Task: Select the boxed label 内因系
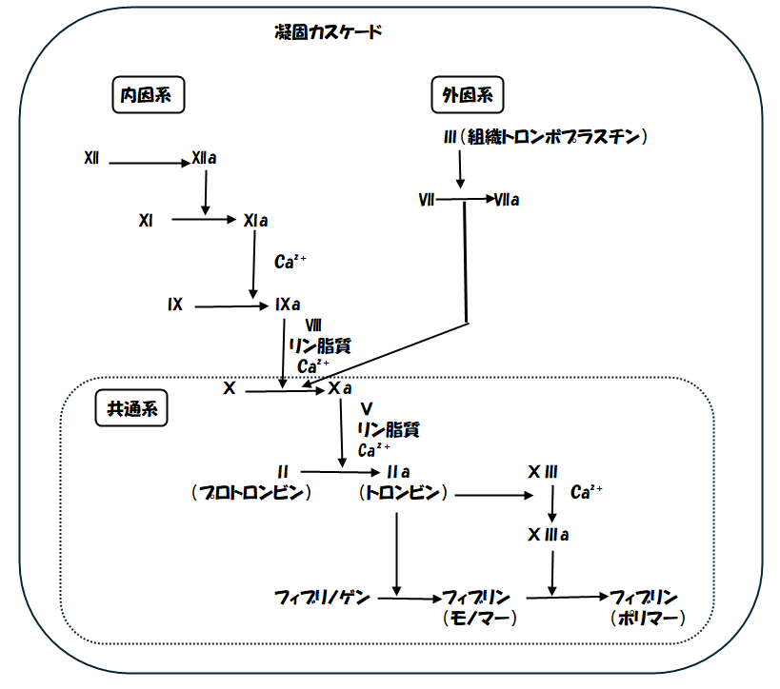[x=148, y=95]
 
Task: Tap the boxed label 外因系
[x=468, y=95]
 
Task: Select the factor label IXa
[x=287, y=305]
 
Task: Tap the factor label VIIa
[x=507, y=200]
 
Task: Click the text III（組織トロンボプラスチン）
[x=546, y=137]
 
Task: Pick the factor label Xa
[x=341, y=388]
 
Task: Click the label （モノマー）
[x=480, y=619]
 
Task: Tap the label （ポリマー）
[x=648, y=619]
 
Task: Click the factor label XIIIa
[x=549, y=535]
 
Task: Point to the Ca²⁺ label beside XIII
[x=587, y=492]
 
